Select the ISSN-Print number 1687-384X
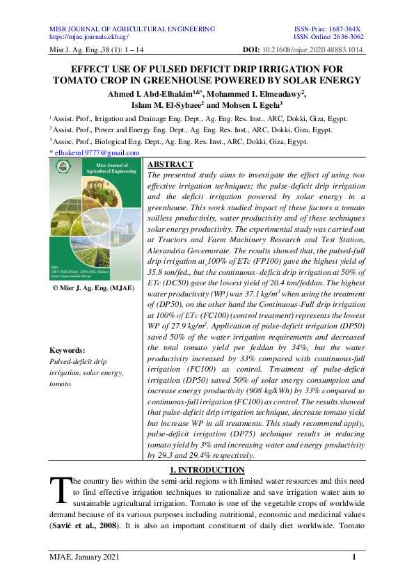(x=350, y=29)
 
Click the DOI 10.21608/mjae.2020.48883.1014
(x=312, y=51)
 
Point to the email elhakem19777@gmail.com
(x=97, y=153)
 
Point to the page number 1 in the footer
(x=354, y=555)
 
